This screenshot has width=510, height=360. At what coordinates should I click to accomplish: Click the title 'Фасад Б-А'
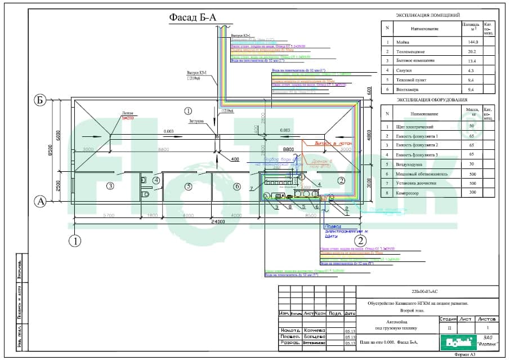193,18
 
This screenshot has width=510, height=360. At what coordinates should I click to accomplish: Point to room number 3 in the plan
111,186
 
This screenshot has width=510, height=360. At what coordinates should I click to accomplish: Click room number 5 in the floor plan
189,186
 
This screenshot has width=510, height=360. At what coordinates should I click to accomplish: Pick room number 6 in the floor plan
237,186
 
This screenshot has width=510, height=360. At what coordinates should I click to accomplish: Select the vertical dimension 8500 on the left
50,151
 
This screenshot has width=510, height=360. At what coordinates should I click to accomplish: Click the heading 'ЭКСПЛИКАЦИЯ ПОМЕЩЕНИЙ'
428,15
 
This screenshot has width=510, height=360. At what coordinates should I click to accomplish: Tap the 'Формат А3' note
464,355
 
